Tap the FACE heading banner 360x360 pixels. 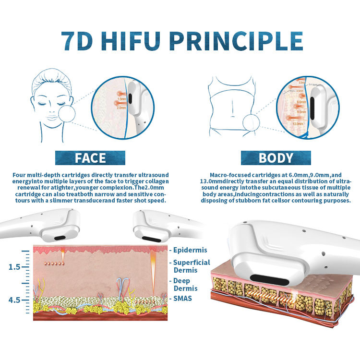(90, 158)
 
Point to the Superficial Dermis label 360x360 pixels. (191, 266)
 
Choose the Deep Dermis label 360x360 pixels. (182, 284)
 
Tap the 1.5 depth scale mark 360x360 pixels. (14, 266)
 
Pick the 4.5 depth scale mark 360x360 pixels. (14, 300)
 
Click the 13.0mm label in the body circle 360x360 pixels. (297, 123)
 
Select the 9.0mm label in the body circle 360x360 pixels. (301, 112)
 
